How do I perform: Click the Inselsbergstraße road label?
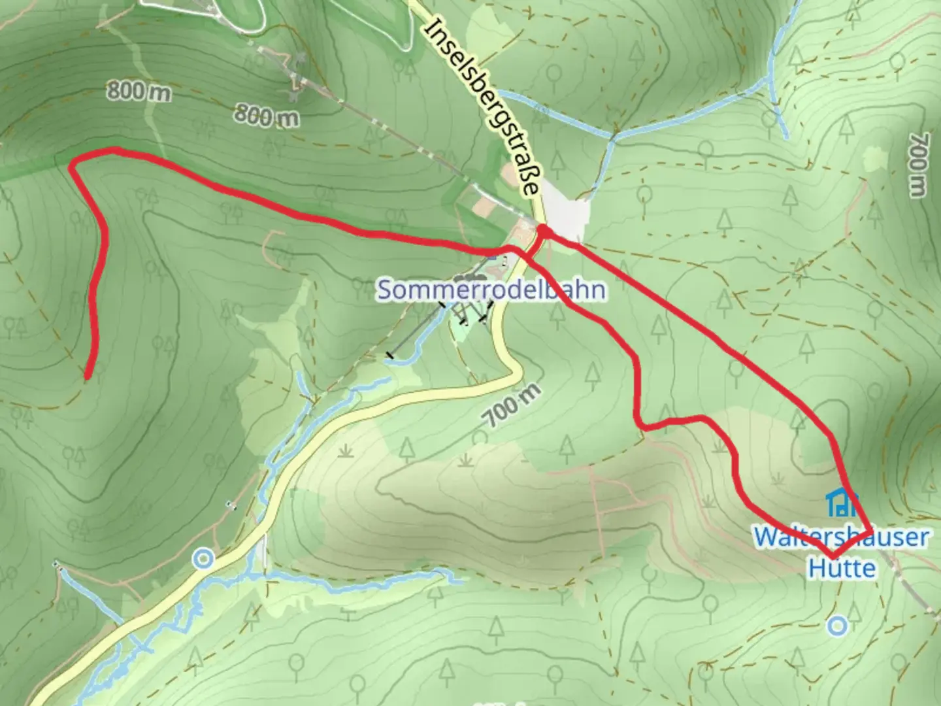[484, 108]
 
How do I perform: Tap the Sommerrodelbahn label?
[491, 290]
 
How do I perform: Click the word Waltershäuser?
[841, 537]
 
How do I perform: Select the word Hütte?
[842, 567]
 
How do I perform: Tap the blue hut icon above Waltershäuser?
[842, 502]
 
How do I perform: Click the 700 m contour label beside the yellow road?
[514, 406]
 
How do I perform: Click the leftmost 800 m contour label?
[139, 92]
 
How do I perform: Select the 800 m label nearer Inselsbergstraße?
[267, 116]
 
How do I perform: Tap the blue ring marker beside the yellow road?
[204, 559]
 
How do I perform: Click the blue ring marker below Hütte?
[837, 626]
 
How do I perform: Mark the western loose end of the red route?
[88, 375]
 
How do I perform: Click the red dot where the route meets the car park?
[542, 230]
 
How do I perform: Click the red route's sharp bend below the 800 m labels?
[73, 163]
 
